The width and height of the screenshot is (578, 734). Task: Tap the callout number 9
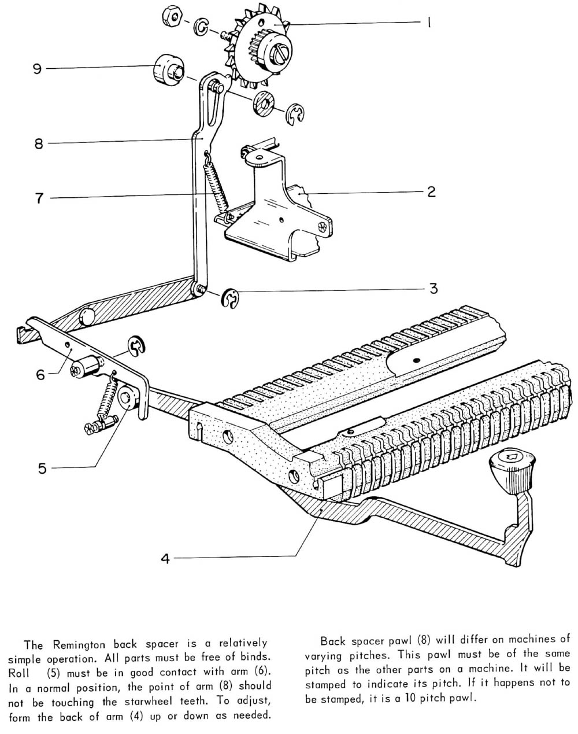pyautogui.click(x=37, y=69)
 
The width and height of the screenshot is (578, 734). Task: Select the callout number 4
pyautogui.click(x=165, y=559)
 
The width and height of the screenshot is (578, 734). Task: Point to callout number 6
pyautogui.click(x=40, y=374)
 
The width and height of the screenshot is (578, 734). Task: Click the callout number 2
pyautogui.click(x=431, y=191)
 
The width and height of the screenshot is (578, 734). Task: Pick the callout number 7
pyautogui.click(x=39, y=198)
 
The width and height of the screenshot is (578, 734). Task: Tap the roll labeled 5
pyautogui.click(x=127, y=399)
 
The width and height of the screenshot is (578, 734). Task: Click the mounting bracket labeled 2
pyautogui.click(x=272, y=214)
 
